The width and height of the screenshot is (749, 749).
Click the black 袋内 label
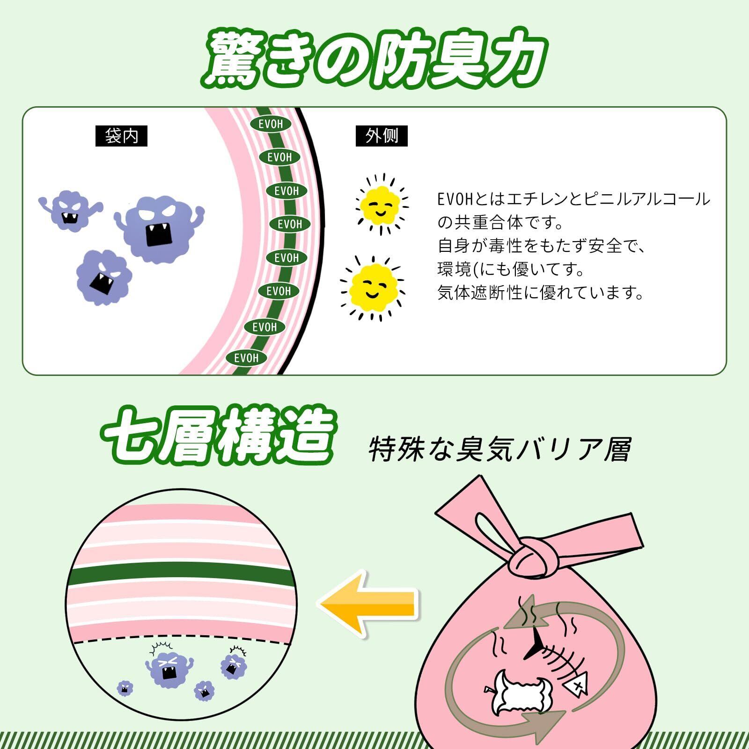point(121,136)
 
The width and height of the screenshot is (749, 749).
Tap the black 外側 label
point(382,136)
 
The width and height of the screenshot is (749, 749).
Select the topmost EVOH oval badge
point(271,124)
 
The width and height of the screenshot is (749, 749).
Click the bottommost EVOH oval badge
point(246,358)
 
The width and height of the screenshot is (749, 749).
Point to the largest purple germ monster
point(159,228)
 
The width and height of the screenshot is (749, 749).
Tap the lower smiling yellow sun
point(373,289)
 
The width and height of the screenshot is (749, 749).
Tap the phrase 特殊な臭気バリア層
point(500,449)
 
